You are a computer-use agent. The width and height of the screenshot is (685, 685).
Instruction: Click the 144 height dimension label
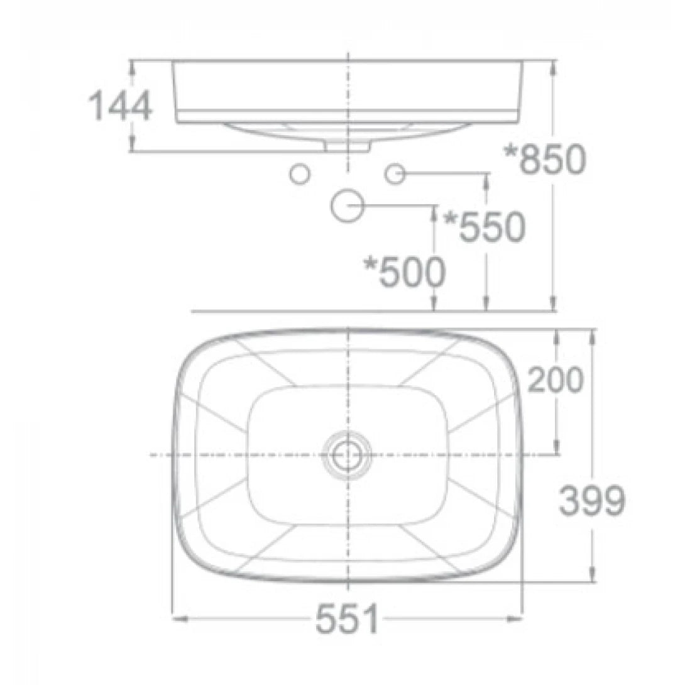120,106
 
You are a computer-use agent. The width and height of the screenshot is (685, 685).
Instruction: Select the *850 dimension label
545,160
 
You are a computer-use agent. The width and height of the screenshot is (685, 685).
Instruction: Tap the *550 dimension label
484,227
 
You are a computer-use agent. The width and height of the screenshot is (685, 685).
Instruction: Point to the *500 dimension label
405,272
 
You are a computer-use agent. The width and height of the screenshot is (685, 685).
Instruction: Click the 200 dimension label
556,380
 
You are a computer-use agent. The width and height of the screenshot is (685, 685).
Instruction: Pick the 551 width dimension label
348,620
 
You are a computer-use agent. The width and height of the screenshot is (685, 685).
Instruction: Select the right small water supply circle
395,173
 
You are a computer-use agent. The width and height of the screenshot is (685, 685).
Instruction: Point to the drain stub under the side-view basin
347,145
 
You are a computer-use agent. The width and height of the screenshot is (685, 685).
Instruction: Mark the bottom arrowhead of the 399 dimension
591,576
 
